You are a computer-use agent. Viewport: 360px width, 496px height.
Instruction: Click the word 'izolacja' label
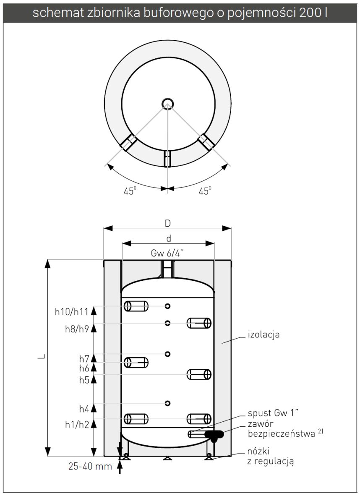point(263,335)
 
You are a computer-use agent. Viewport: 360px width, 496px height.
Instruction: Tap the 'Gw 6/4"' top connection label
point(167,254)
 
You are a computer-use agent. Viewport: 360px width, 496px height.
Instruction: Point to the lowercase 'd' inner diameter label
point(168,238)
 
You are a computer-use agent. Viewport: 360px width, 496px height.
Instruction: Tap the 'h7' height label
point(84,359)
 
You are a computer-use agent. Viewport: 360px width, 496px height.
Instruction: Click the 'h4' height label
point(84,408)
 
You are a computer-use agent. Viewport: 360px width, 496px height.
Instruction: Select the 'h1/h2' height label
point(78,424)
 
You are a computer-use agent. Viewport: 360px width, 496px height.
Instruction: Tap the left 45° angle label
point(130,191)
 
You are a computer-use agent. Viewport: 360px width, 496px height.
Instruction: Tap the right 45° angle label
point(204,191)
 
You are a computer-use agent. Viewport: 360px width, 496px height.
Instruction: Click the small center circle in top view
point(167,103)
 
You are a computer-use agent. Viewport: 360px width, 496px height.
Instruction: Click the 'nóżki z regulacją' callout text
point(269,456)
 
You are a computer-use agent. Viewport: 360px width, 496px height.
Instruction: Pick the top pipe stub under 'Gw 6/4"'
point(167,269)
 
